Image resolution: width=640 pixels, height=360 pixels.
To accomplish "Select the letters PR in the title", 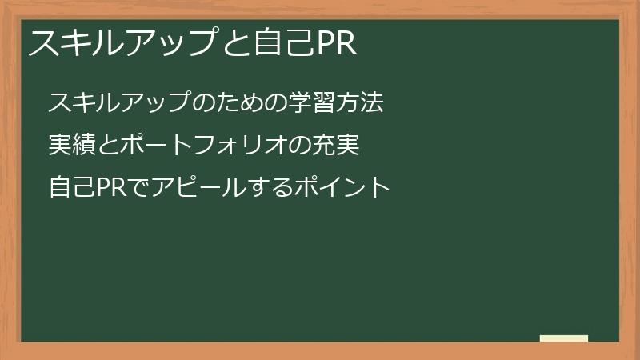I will (337, 45).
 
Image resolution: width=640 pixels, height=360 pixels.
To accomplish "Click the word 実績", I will (72, 146).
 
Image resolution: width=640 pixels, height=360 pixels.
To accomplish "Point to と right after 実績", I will (108, 146).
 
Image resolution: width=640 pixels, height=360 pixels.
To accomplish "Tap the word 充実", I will (336, 146).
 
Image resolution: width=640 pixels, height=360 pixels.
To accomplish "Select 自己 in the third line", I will (72, 189).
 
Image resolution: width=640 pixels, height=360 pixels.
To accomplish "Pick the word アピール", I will (202, 189).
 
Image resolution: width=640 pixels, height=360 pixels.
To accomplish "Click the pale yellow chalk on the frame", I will (564, 338).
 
